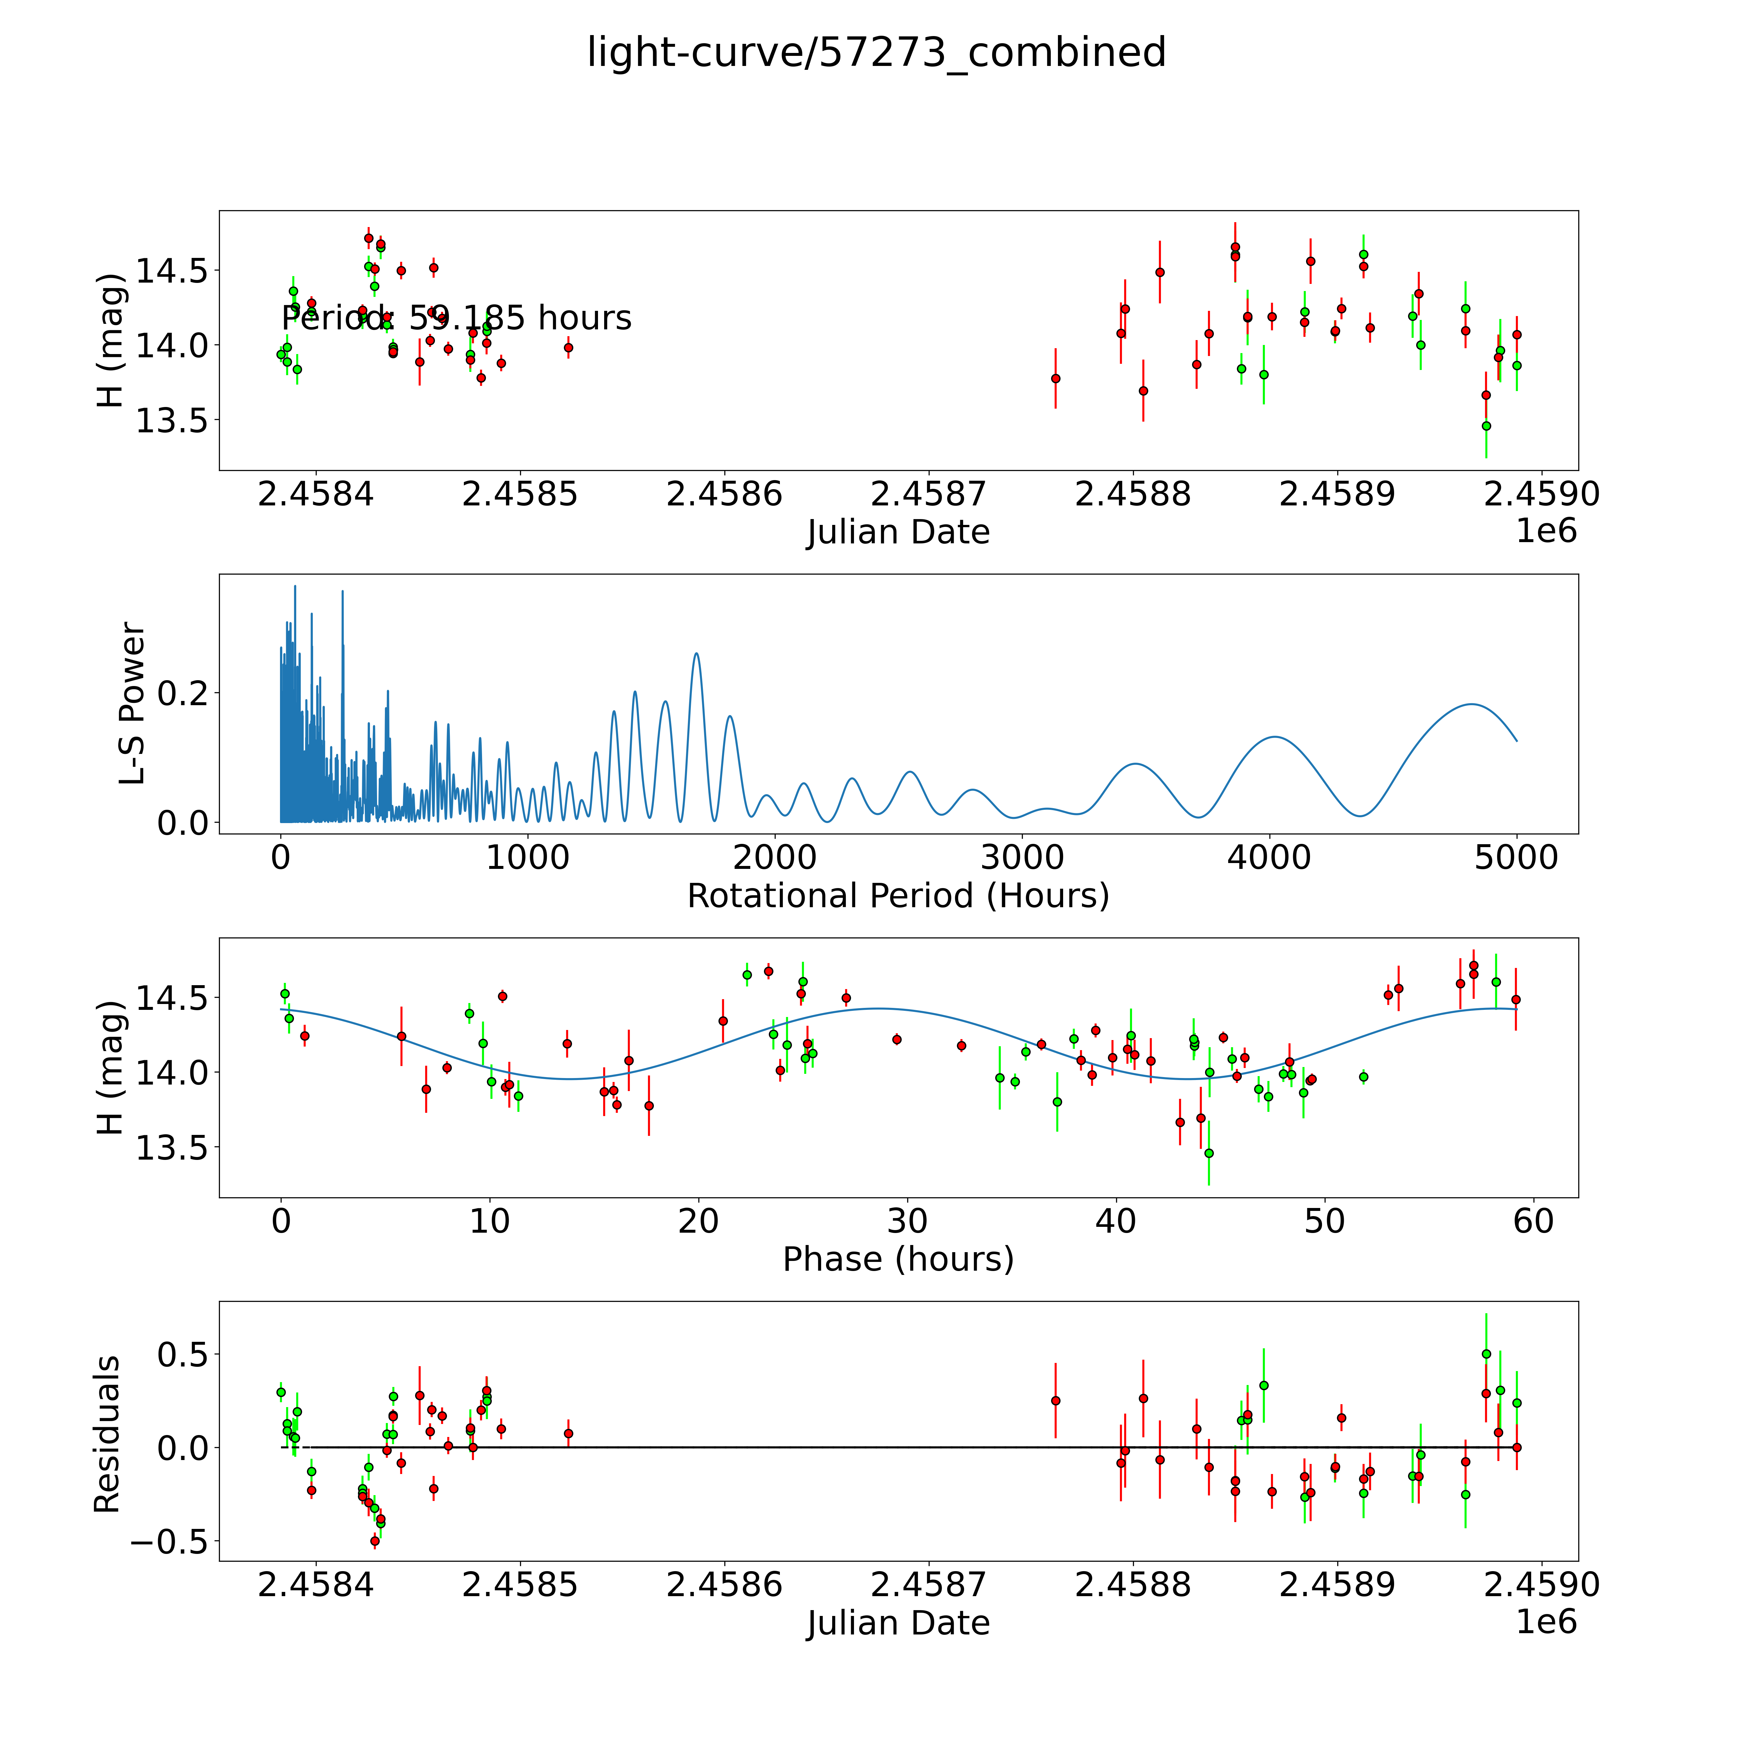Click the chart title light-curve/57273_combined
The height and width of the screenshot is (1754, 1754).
coord(876,53)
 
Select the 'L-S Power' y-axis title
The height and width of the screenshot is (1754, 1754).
coord(133,704)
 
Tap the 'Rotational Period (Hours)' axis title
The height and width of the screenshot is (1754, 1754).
coord(898,896)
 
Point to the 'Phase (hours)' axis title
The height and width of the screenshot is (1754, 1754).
coord(898,1259)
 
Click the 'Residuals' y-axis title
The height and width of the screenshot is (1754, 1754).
coord(107,1434)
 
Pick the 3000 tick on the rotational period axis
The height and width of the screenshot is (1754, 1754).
coord(1022,858)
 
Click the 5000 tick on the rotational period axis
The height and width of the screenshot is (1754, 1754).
coord(1516,858)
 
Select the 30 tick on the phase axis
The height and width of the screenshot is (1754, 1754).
coord(907,1221)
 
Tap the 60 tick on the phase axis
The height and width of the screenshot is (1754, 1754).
coord(1533,1221)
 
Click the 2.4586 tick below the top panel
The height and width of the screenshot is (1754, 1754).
coord(724,495)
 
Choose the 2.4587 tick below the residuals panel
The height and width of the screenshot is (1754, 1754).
coord(928,1584)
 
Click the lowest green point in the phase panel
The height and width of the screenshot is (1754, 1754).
coord(1208,1153)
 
